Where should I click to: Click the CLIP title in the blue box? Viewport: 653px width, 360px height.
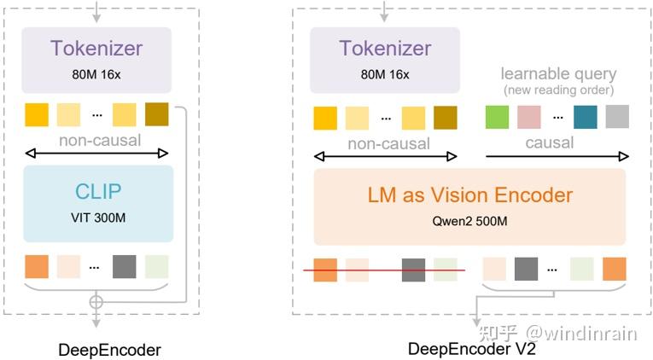[98, 191]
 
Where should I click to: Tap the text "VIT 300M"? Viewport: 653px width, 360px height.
[98, 218]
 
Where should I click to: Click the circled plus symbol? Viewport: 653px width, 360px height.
[96, 302]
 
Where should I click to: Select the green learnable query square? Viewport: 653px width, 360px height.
[497, 117]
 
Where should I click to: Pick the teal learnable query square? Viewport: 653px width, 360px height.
[585, 117]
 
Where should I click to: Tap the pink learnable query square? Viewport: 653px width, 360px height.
[529, 117]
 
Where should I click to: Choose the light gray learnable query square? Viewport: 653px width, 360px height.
[617, 117]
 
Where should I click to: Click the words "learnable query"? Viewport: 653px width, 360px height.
[558, 74]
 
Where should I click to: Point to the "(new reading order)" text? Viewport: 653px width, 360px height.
[558, 90]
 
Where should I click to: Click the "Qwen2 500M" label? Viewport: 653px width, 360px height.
[469, 221]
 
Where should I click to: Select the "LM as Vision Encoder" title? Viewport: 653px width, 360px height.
[470, 195]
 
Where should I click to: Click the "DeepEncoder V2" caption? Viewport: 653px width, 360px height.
[471, 349]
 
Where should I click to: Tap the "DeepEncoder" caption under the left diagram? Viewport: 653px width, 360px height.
[109, 350]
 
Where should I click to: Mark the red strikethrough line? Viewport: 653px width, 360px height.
[384, 270]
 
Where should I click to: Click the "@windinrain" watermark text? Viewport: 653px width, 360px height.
[581, 334]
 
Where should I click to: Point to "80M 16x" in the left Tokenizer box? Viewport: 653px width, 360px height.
[96, 74]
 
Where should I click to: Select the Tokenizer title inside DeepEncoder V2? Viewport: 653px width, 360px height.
[385, 48]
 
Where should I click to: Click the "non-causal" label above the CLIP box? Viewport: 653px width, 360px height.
[100, 140]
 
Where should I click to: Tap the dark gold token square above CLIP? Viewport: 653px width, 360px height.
[156, 114]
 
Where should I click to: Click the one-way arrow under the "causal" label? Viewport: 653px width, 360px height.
[557, 156]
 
